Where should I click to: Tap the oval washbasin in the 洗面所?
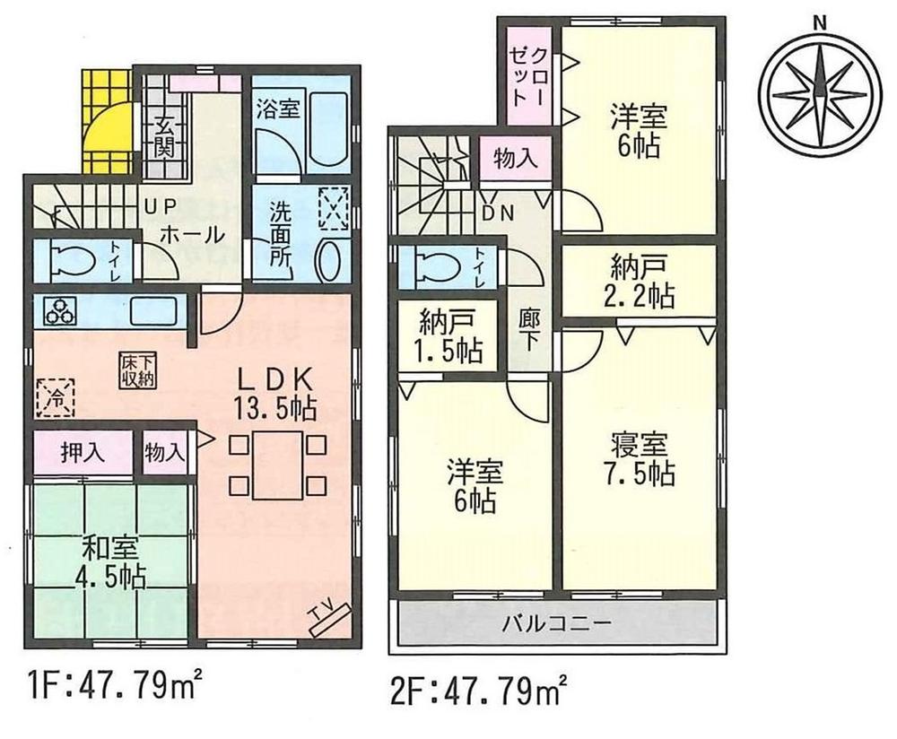tap(330, 260)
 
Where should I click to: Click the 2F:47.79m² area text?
tap(476, 693)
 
